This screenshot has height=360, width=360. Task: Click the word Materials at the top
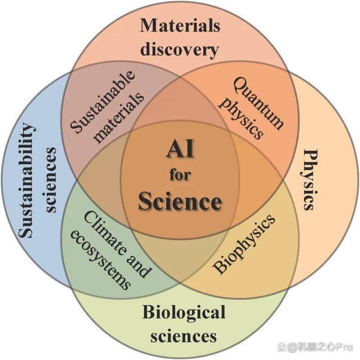(180, 25)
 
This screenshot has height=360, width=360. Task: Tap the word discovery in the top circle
(180, 49)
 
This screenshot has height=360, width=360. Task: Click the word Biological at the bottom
(184, 312)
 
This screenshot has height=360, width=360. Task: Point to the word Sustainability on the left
(27, 180)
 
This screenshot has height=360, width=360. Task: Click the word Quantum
(258, 103)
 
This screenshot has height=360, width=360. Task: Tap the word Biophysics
(244, 244)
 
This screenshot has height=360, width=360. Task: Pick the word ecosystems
(100, 260)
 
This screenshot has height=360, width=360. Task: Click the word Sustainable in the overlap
(102, 102)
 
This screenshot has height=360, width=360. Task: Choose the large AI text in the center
(180, 149)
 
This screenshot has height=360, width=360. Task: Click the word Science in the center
(180, 202)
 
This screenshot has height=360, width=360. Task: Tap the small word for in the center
(180, 175)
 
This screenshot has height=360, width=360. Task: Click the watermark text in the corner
(315, 346)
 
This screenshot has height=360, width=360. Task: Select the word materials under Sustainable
(119, 118)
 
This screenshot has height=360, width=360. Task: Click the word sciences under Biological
(184, 337)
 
